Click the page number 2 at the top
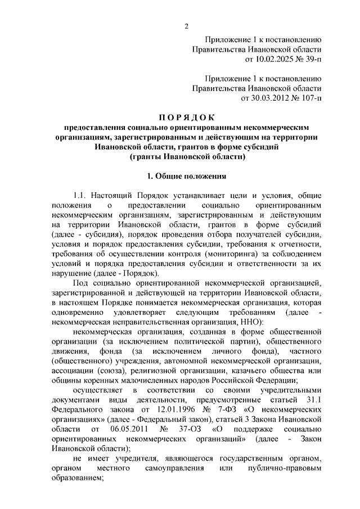click(186, 24)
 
